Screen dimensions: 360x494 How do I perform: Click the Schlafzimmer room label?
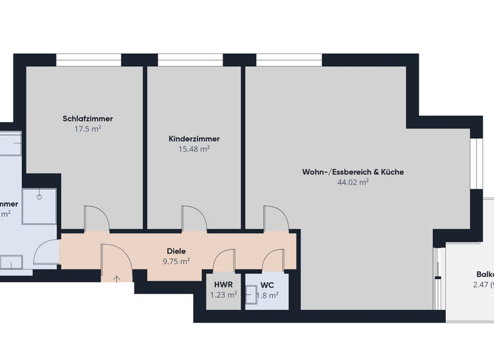(x=88, y=119)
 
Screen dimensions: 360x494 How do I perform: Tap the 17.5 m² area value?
(x=88, y=129)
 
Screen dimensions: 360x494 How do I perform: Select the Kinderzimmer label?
(x=194, y=139)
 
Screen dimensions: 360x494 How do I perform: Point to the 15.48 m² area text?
(x=194, y=149)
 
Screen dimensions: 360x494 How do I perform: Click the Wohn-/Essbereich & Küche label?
(x=353, y=172)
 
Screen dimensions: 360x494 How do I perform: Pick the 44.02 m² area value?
(x=353, y=183)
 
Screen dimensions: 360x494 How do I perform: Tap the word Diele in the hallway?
(x=176, y=251)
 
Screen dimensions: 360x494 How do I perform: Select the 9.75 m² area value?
(x=176, y=262)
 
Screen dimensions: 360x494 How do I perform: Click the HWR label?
(x=223, y=285)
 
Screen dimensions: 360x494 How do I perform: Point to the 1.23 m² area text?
(x=223, y=295)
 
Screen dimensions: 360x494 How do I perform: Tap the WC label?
(x=267, y=285)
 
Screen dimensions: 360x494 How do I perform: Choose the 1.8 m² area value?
(x=267, y=296)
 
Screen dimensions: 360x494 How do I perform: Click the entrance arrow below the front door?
(x=117, y=278)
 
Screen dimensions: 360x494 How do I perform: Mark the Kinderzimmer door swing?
(x=194, y=218)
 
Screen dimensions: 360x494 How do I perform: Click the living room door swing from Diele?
(x=275, y=218)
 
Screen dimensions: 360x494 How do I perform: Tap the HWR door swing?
(x=224, y=261)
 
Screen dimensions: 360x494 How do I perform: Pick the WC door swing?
(x=273, y=261)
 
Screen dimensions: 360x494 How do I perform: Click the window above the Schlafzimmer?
(x=88, y=60)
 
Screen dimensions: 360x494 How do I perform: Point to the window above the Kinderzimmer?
(x=190, y=60)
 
